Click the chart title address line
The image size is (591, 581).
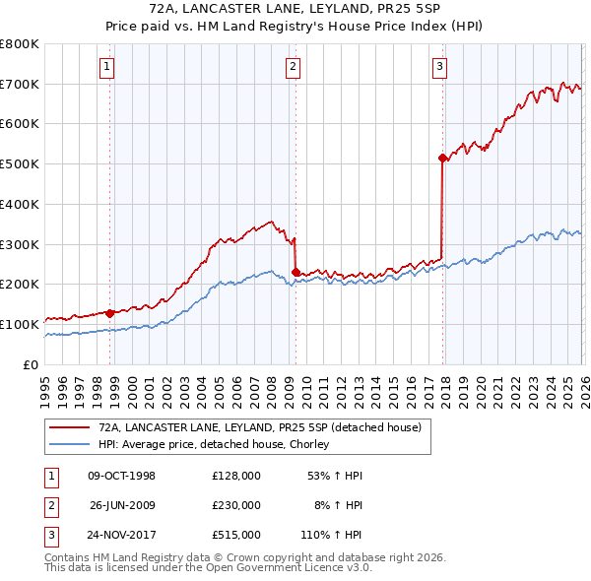pyautogui.click(x=295, y=9)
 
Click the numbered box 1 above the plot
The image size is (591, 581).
pyautogui.click(x=106, y=67)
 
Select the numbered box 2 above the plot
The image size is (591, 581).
pyautogui.click(x=294, y=67)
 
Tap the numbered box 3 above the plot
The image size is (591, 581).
pyautogui.click(x=439, y=67)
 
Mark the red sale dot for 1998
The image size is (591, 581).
pyautogui.click(x=109, y=313)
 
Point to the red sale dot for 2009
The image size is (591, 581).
pyautogui.click(x=295, y=272)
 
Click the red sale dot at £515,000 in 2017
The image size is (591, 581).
pyautogui.click(x=442, y=158)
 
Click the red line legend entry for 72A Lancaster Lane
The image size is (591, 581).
pyautogui.click(x=260, y=427)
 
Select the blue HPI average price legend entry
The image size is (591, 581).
pyautogui.click(x=218, y=444)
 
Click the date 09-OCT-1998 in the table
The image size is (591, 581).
pyautogui.click(x=121, y=476)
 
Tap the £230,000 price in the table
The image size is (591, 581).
pyautogui.click(x=236, y=505)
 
